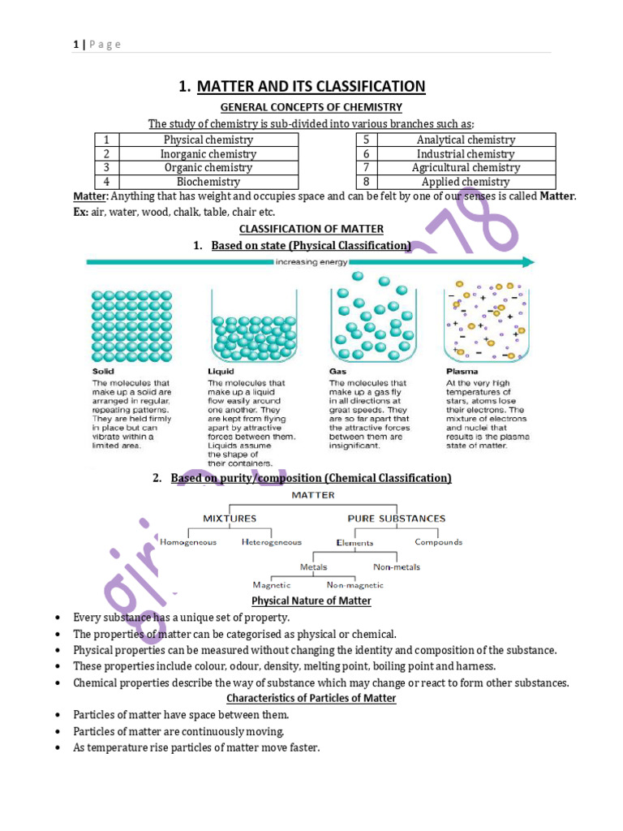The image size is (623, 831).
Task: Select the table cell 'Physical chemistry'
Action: click(208, 140)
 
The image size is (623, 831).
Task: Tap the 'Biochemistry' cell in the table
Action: click(208, 182)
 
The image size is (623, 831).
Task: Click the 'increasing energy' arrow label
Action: click(311, 261)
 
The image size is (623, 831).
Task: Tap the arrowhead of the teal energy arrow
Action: click(528, 261)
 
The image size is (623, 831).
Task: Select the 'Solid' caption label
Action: click(103, 372)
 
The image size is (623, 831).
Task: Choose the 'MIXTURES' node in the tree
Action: click(230, 518)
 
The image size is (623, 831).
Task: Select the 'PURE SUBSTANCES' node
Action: click(396, 518)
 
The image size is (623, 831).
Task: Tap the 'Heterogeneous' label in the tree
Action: click(272, 542)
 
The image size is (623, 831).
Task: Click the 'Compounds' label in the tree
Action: click(438, 542)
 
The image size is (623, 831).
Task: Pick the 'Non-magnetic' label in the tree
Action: click(355, 584)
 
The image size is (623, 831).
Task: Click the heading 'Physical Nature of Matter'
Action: click(311, 601)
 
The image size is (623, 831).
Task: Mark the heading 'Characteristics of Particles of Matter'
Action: click(311, 698)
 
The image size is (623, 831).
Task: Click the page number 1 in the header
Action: click(75, 45)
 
